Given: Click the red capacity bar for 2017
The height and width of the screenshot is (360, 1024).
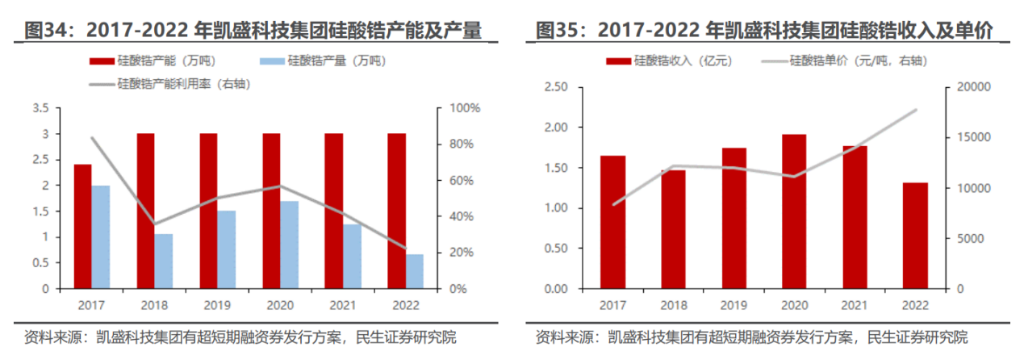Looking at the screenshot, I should (x=82, y=226).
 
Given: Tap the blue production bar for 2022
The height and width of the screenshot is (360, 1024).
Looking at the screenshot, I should (x=414, y=271).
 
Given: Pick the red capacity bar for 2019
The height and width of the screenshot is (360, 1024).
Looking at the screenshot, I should (x=208, y=211).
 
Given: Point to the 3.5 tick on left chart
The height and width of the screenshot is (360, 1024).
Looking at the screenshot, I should (x=40, y=108).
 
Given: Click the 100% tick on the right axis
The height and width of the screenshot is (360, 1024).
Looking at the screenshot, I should (x=465, y=108).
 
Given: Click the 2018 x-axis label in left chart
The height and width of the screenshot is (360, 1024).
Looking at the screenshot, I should (x=153, y=305).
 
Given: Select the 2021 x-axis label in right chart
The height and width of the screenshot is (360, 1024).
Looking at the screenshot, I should (x=854, y=305).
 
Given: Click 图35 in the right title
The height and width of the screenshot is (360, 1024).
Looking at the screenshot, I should (x=556, y=31).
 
